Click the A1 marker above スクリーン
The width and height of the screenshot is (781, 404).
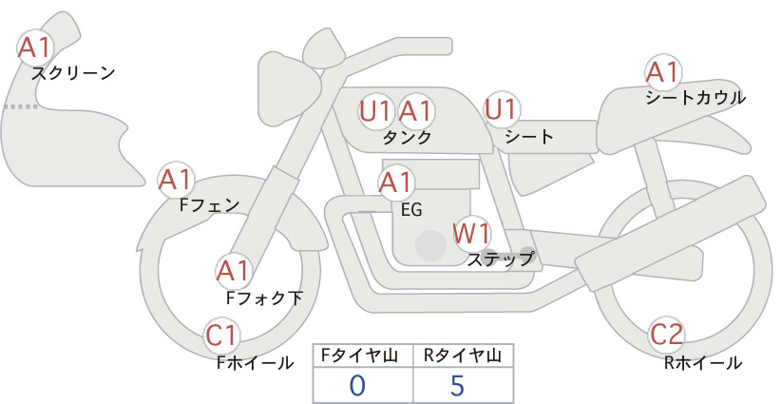pos(35,48)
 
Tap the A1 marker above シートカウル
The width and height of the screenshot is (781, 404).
pos(663,72)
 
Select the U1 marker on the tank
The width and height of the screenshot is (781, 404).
pos(375,111)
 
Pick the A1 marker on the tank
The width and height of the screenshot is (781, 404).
pos(414,111)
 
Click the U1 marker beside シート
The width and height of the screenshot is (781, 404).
pos(501,109)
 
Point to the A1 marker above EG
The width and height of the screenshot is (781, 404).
pos(395,183)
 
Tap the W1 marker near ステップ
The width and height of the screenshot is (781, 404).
pos(471,233)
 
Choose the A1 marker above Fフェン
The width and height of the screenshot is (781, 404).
pos(176,180)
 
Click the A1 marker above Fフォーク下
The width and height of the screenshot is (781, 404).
pos(233,272)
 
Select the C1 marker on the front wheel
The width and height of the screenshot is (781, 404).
pos(221,336)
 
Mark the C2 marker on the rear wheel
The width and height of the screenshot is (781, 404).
pos(666,335)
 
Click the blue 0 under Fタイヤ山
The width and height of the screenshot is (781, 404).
pos(357,385)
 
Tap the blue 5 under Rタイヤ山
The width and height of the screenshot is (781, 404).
pos(457,385)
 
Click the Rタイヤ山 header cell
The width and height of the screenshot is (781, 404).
pos(464,356)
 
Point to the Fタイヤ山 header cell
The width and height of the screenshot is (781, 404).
pos(363,356)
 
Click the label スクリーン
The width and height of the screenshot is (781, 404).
pos(73,74)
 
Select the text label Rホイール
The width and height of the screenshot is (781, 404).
pos(703,363)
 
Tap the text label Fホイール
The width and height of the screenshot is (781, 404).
pos(255,363)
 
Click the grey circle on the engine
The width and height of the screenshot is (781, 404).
pos(430,245)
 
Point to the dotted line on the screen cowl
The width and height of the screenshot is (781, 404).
pos(20,106)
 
